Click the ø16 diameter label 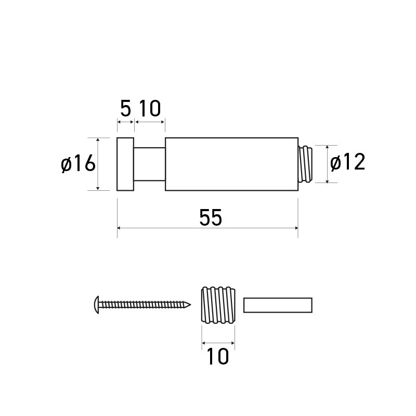(79, 164)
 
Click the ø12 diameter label (348, 163)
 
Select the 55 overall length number (211, 218)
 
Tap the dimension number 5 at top (125, 109)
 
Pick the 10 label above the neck (150, 109)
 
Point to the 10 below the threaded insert (218, 357)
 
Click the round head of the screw (96, 305)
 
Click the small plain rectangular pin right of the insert (278, 305)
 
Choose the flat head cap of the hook (125, 164)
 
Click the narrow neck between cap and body (150, 164)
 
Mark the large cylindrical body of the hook (231, 164)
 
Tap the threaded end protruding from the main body (307, 164)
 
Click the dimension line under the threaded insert (218, 343)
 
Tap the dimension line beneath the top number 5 (125, 122)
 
